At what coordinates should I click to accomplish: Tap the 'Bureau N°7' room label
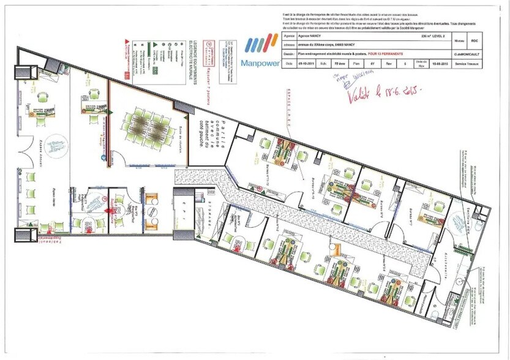pyautogui.click(x=406, y=216)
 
